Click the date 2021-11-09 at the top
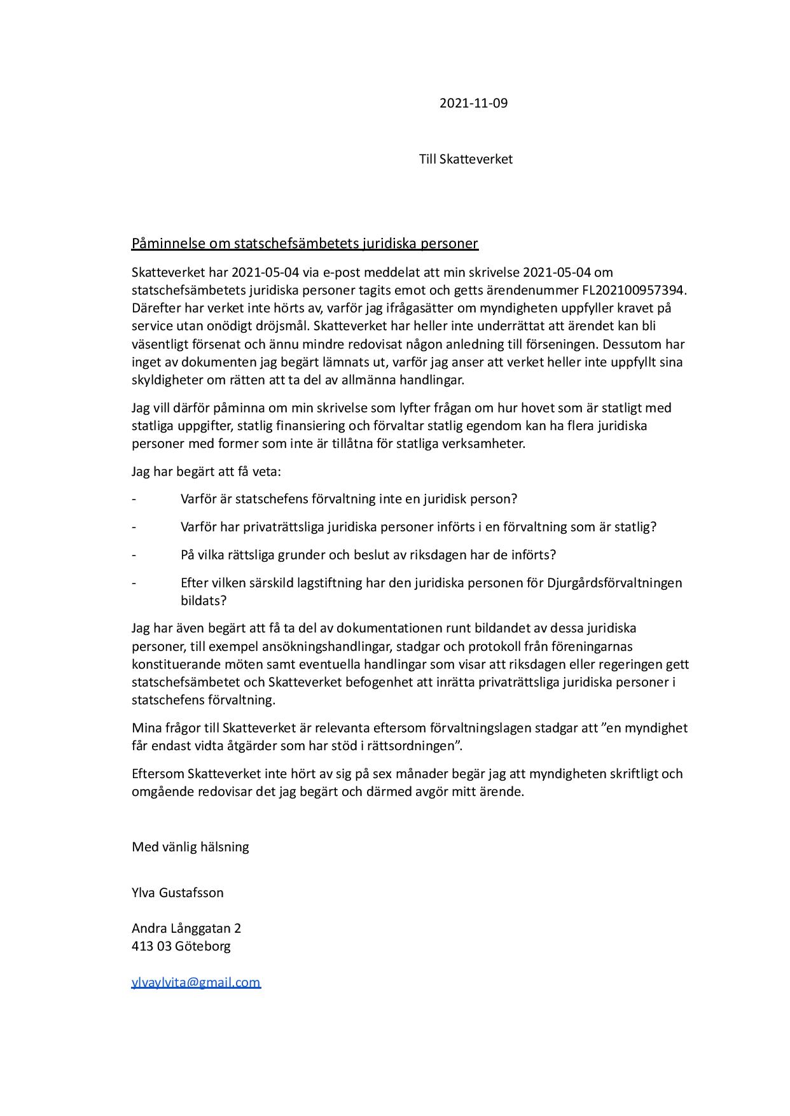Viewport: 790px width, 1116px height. tap(473, 103)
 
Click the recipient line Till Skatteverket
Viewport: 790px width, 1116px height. tap(466, 159)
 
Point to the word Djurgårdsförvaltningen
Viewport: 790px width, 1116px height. tap(614, 582)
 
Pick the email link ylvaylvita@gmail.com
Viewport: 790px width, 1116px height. tap(196, 982)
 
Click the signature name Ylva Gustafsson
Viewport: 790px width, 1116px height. tap(177, 892)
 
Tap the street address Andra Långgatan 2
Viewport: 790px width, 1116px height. tap(186, 928)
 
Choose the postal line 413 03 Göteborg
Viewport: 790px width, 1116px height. tap(181, 945)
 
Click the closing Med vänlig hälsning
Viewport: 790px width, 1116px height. tap(190, 846)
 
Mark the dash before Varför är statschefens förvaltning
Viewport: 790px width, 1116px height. tap(134, 499)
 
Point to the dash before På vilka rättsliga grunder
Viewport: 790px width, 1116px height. tap(134, 555)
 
